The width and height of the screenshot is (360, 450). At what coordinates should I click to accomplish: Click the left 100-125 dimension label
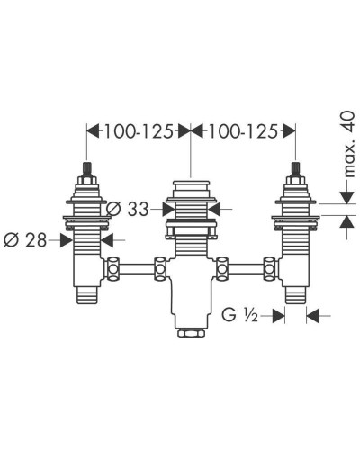tap(139, 131)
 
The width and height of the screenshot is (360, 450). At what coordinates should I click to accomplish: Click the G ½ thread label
tap(241, 316)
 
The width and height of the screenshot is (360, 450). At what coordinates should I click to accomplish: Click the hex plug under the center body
tap(191, 334)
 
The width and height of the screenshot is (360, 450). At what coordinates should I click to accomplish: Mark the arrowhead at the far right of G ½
tap(312, 316)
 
